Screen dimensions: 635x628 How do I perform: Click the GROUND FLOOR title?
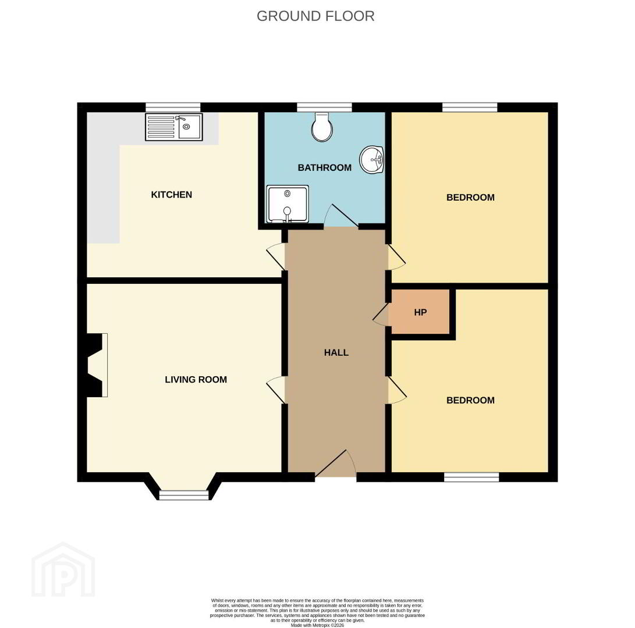point(315,16)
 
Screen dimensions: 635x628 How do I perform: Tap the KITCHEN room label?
point(171,195)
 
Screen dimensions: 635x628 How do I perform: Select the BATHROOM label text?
point(324,167)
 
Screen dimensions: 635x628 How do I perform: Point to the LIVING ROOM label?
point(196,380)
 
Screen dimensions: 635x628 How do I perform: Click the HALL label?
point(336,352)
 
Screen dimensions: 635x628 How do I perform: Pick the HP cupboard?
point(420,312)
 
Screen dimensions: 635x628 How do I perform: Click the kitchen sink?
point(173,127)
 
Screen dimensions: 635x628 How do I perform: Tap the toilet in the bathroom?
point(322,127)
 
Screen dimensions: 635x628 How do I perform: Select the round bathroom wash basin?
point(372,160)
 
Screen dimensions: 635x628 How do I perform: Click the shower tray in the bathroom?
point(288,204)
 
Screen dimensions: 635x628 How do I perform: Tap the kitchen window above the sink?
point(173,107)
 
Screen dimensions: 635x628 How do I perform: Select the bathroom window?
point(324,107)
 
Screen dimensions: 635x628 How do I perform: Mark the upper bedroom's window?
point(470,107)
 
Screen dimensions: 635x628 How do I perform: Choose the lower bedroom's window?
point(471,477)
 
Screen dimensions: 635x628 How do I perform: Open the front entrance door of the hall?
point(336,463)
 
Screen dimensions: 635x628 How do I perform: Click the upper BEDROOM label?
point(470,198)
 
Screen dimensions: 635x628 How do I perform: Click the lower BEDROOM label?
point(470,400)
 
